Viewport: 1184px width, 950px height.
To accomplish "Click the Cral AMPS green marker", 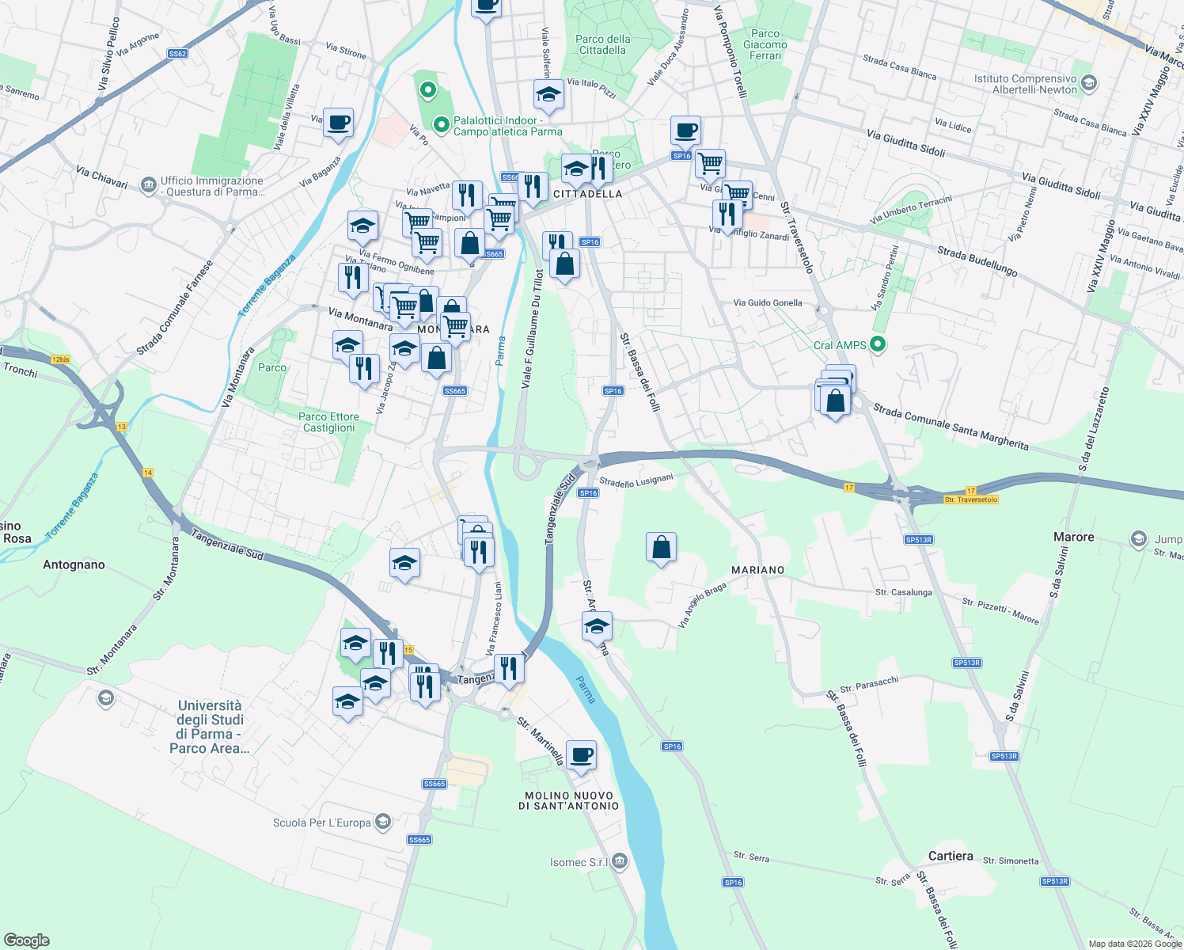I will (877, 344).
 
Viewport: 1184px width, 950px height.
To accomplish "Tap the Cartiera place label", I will (951, 856).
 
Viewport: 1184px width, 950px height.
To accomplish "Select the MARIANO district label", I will (757, 570).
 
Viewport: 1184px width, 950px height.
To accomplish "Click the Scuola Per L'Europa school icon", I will (383, 822).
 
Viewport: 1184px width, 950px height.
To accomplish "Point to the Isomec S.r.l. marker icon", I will (620, 861).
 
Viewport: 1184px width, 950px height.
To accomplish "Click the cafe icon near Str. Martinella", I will (581, 755).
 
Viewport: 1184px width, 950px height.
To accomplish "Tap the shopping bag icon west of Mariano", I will (661, 547).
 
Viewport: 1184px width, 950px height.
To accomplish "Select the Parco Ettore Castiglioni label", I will (328, 422).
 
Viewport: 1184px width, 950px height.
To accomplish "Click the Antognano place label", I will (74, 564).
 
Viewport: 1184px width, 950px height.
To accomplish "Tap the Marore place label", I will (1073, 537).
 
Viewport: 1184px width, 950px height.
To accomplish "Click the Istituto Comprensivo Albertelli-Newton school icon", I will (1089, 83).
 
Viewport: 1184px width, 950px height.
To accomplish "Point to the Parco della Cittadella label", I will (603, 44).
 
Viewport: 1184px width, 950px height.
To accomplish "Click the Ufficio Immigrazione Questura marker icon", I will (148, 185).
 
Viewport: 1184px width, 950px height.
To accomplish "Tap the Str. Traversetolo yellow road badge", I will (971, 500).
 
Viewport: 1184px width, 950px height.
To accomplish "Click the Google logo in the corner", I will (27, 940).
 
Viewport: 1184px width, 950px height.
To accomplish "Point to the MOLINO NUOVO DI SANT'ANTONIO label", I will (568, 800).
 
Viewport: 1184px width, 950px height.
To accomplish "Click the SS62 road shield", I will (177, 54).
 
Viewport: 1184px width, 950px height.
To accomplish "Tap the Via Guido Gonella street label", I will (767, 302).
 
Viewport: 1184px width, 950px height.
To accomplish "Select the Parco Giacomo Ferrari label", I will (765, 44).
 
